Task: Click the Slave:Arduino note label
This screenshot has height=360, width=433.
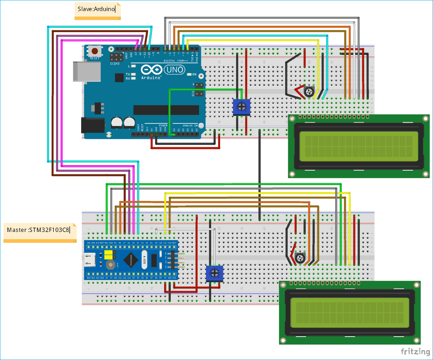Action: (97, 9)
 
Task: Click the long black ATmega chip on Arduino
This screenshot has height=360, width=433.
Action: (166, 110)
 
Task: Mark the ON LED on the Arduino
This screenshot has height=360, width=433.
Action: (189, 75)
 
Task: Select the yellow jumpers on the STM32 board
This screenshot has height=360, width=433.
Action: (108, 255)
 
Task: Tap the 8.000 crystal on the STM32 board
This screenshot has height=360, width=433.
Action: (145, 260)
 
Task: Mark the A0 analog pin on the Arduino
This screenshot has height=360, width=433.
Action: (174, 135)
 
